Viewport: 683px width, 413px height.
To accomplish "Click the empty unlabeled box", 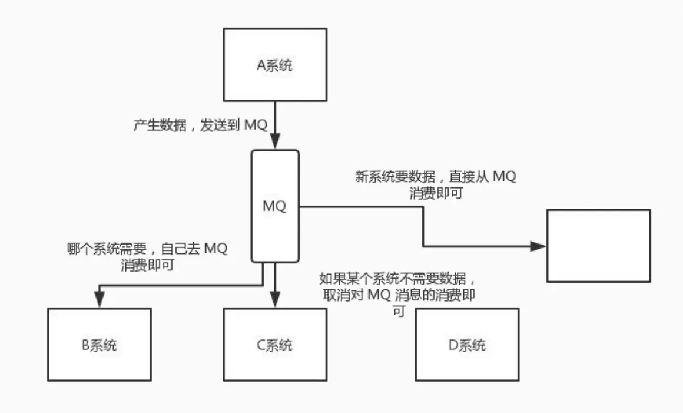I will tap(598, 245).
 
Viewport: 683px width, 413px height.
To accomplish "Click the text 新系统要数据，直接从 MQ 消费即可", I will tap(436, 184).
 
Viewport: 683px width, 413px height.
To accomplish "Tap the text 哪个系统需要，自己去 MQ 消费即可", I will tap(147, 257).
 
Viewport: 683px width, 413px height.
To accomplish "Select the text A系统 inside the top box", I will tap(275, 65).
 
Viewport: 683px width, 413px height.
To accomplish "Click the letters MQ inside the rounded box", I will tap(274, 207).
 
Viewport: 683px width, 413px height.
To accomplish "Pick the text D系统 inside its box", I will tap(467, 345).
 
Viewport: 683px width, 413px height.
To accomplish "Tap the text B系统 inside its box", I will tap(99, 345).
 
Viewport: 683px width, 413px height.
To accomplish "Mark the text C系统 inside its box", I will tap(275, 345).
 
